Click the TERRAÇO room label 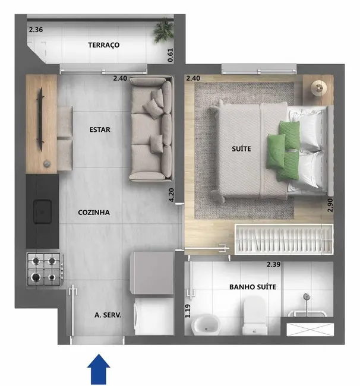(x=104, y=45)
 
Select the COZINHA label (x=94, y=212)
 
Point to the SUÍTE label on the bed (x=241, y=150)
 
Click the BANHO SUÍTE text (x=252, y=287)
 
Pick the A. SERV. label (x=108, y=316)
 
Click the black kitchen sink (x=42, y=210)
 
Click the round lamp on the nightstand (x=319, y=88)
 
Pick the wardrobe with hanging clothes (x=283, y=240)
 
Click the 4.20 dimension (x=172, y=195)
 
